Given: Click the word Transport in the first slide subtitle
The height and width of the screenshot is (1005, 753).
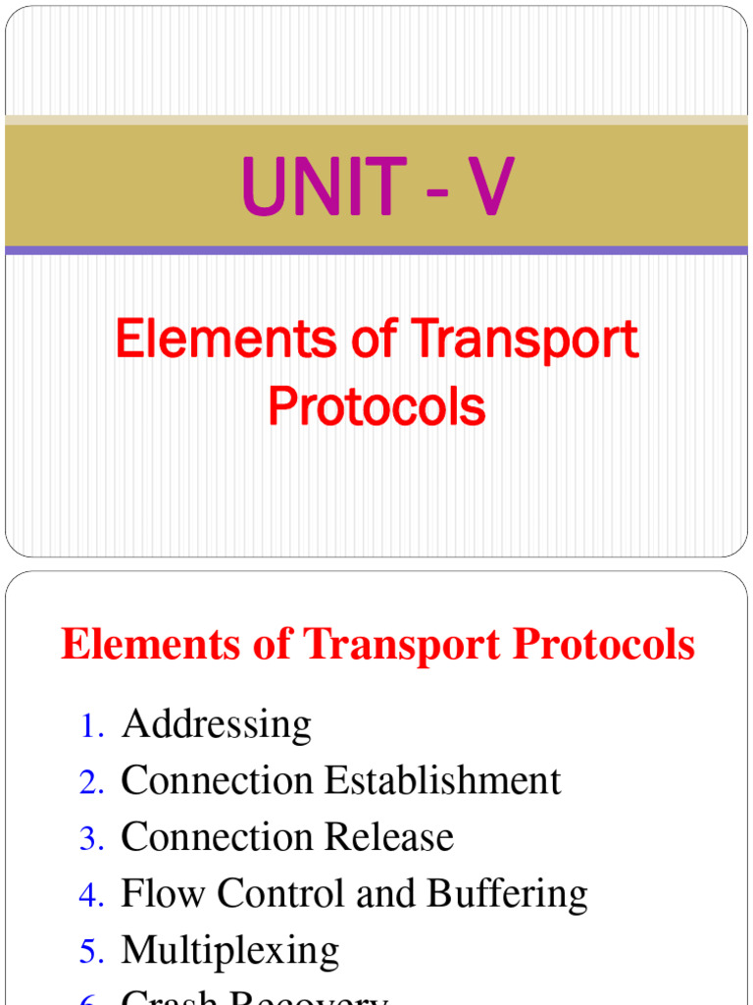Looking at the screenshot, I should [525, 341].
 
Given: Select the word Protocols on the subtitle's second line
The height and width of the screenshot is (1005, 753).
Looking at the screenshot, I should [376, 405].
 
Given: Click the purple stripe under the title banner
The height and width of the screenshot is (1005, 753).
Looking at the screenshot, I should [376, 250].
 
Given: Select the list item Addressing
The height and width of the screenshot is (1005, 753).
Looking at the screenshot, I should [217, 725].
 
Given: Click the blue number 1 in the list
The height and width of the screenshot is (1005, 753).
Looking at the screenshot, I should [91, 727].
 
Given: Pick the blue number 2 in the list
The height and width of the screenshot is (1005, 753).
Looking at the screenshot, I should [91, 783].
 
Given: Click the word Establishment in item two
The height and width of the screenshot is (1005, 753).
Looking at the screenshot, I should [443, 781].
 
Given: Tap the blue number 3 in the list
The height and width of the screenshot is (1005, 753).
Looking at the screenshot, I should [91, 839].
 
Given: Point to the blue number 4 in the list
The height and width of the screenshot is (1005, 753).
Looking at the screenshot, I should [91, 895].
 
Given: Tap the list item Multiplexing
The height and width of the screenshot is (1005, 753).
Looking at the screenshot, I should [230, 951].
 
